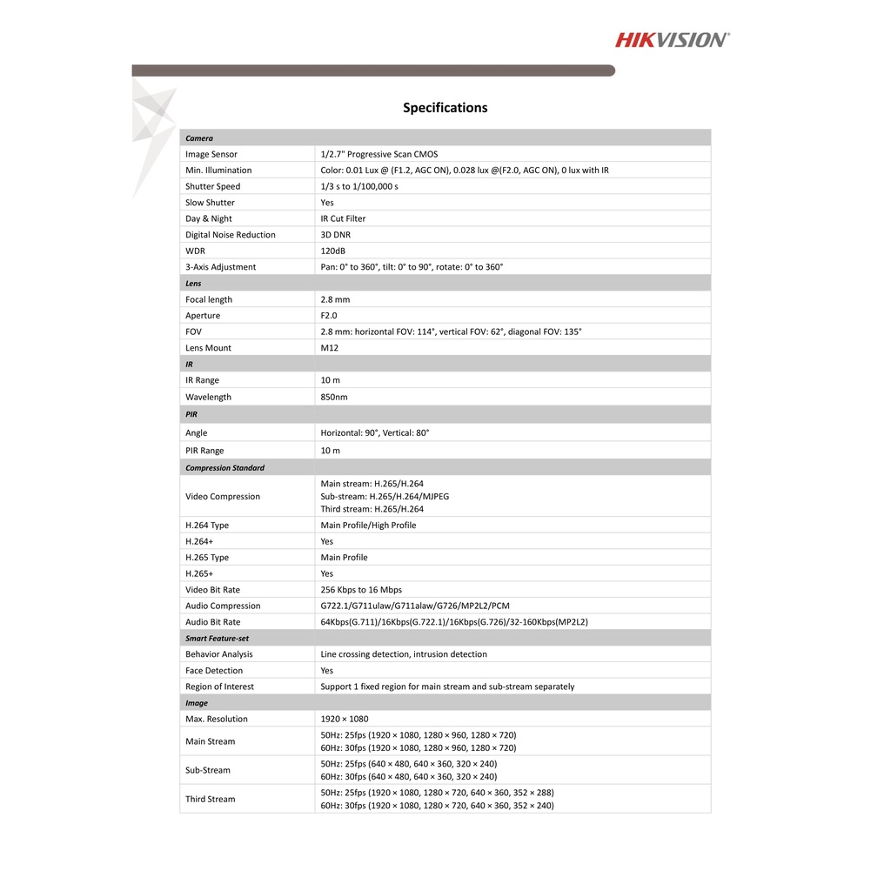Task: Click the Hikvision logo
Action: pyautogui.click(x=673, y=39)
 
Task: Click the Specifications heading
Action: pyautogui.click(x=445, y=108)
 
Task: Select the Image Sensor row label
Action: pyautogui.click(x=211, y=154)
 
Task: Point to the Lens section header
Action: pyautogui.click(x=193, y=283)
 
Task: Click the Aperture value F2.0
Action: pyautogui.click(x=329, y=316)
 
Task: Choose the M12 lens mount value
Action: pyautogui.click(x=330, y=348)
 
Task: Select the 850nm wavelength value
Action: pyautogui.click(x=334, y=397)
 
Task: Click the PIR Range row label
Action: pyautogui.click(x=204, y=451)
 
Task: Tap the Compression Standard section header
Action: pyautogui.click(x=224, y=467)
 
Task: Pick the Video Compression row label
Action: pyautogui.click(x=223, y=497)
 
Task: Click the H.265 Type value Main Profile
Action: pyautogui.click(x=344, y=558)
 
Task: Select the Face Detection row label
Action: pyautogui.click(x=214, y=671)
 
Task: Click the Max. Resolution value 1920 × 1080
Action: pyautogui.click(x=345, y=719)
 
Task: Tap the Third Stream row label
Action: pyautogui.click(x=210, y=799)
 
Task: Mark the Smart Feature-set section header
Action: pyautogui.click(x=217, y=638)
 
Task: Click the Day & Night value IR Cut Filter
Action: pyautogui.click(x=344, y=218)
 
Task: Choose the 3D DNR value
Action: pyautogui.click(x=336, y=235)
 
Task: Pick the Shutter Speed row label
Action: pyautogui.click(x=212, y=186)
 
